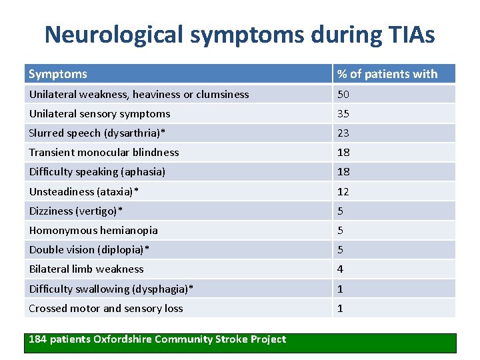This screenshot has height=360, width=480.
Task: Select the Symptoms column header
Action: [58, 74]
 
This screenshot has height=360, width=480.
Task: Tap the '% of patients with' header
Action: [387, 74]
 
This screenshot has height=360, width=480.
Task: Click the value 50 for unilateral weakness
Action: [343, 94]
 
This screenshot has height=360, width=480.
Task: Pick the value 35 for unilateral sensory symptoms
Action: [343, 113]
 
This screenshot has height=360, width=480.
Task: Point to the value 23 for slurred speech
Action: [343, 133]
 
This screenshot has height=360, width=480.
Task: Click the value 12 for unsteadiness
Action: [343, 191]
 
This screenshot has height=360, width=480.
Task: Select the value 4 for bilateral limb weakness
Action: [340, 269]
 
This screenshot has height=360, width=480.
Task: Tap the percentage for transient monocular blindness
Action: [343, 152]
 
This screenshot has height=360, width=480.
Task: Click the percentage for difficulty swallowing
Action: [340, 289]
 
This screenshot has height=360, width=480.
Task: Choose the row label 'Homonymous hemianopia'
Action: [93, 230]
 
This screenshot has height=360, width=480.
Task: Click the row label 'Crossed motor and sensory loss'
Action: [105, 308]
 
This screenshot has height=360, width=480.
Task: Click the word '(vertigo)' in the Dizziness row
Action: [100, 211]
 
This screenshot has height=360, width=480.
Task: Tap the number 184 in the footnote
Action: [38, 339]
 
